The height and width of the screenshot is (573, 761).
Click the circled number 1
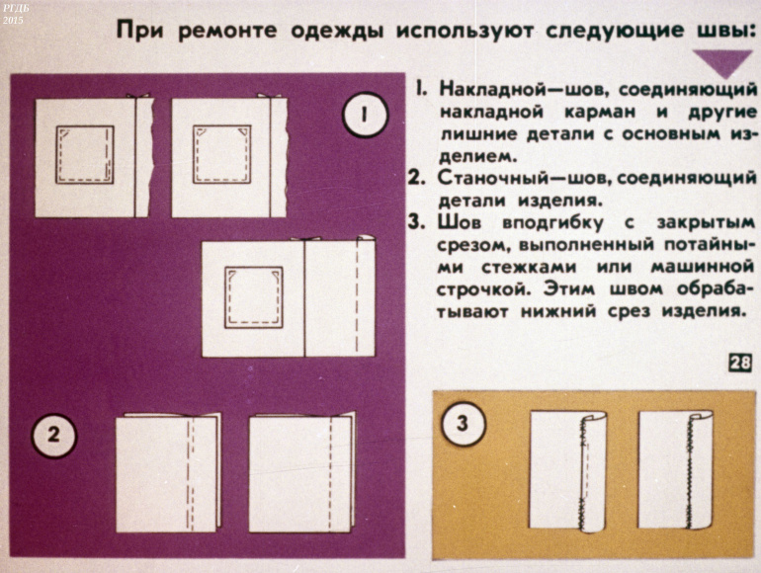[365, 115]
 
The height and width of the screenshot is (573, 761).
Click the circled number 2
[54, 435]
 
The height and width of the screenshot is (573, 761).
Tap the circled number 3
[463, 423]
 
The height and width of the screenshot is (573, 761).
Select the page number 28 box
[740, 363]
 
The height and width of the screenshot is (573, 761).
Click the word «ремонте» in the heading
[227, 31]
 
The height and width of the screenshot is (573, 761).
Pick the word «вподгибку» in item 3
[553, 223]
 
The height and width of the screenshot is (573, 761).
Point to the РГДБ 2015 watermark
[16, 14]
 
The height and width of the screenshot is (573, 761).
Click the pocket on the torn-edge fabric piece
[85, 155]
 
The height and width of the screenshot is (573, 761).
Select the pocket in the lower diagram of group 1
[254, 297]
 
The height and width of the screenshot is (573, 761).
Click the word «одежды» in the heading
[337, 32]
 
